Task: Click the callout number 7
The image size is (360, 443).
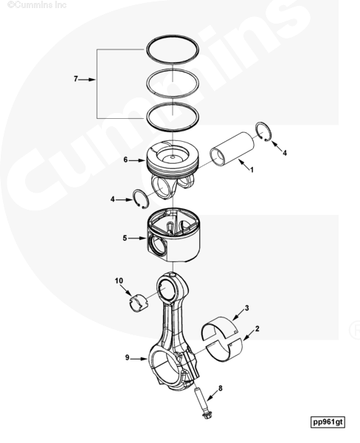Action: (x=75, y=79)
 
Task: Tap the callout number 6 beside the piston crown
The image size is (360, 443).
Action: (x=125, y=159)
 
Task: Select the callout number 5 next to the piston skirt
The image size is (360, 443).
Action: (x=125, y=238)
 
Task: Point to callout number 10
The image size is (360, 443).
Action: (x=119, y=281)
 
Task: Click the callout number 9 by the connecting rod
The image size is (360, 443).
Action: (x=127, y=357)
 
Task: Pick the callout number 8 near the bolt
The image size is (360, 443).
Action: (x=221, y=388)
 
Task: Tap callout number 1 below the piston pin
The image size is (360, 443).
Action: (x=252, y=170)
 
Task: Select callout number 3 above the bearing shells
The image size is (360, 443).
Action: (x=246, y=308)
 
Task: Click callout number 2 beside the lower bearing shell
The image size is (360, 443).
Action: (x=257, y=329)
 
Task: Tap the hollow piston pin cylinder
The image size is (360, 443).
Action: (x=232, y=148)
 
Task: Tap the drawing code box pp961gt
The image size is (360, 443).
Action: (x=328, y=422)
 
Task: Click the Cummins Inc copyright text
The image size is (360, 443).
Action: (x=37, y=5)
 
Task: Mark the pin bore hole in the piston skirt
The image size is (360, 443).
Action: (x=157, y=244)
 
